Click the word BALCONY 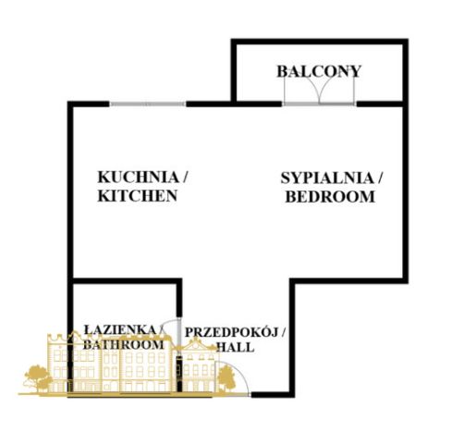pos(319,71)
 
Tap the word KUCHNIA pos(138,178)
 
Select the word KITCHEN pos(138,196)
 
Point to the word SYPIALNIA pos(327,179)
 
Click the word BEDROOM pos(330,197)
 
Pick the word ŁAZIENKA pos(120,329)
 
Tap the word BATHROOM pos(124,344)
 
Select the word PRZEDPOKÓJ pos(231,332)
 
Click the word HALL pos(236,347)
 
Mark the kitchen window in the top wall pos(148,104)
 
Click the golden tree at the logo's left pos(38,378)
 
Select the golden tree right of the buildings pos(226,378)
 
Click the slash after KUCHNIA pos(185,178)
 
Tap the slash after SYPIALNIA pos(380,179)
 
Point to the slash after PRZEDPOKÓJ pos(283,332)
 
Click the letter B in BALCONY pos(282,71)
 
